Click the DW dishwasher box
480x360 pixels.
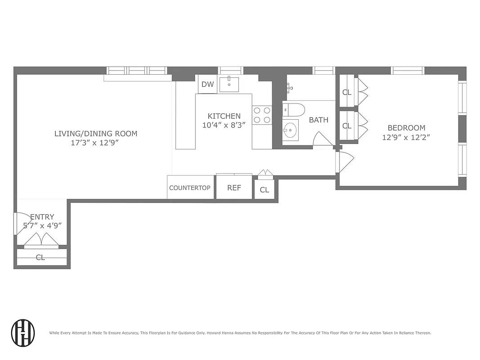pos(207,84)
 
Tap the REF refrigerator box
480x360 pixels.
pos(234,188)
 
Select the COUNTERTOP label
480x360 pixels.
pos(190,188)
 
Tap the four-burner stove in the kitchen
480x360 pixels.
pos(262,115)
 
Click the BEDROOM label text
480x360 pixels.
pos(406,128)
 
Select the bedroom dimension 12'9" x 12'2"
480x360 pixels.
pos(406,138)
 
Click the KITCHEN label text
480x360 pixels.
pos(224,116)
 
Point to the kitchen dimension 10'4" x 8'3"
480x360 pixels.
pos(224,126)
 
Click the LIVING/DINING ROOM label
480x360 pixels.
pos(96,134)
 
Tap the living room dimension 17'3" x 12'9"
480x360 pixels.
pos(96,143)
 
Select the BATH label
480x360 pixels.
pos(319,120)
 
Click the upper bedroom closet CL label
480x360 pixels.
pos(346,92)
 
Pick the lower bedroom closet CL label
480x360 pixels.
pos(346,126)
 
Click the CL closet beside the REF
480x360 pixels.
pos(265,190)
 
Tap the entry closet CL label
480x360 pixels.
pos(40,258)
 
